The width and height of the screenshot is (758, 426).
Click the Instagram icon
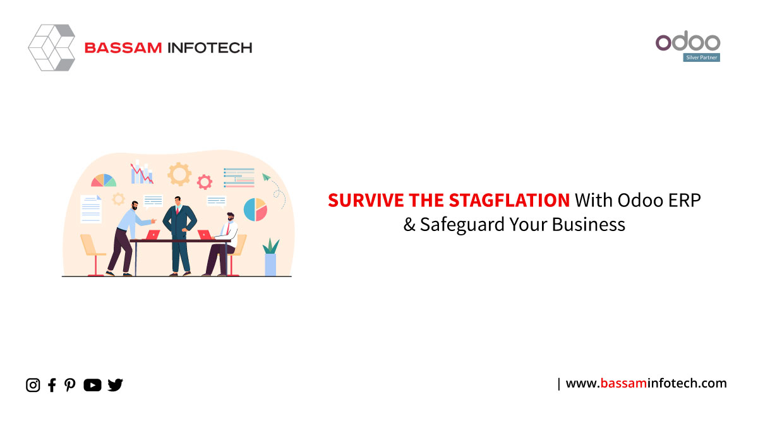33,385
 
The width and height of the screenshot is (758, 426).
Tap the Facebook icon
52,385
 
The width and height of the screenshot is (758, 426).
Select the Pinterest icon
69,385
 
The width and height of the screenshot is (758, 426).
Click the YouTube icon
92,385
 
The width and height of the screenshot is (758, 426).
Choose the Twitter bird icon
115,385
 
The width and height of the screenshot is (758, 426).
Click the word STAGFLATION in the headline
509,200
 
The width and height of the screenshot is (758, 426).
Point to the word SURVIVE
366,200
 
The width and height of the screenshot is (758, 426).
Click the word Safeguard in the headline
462,225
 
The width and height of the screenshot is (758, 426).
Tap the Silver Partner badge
702,57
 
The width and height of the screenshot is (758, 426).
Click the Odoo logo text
688,41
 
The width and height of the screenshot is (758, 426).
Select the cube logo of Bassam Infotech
52,48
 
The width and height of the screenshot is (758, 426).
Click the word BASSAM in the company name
123,48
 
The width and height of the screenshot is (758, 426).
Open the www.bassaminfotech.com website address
646,384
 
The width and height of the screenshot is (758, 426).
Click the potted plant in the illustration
271,257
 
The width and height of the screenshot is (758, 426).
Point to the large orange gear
179,174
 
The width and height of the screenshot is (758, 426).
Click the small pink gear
205,182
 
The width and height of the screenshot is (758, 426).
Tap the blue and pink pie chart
255,210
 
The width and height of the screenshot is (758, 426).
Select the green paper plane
267,177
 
